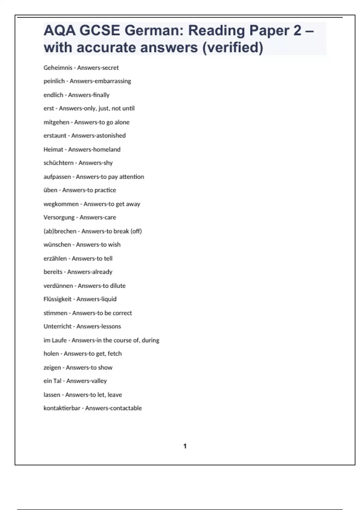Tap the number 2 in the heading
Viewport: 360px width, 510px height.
[x=297, y=31]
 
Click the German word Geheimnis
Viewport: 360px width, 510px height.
[x=58, y=68]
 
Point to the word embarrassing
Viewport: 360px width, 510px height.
[x=113, y=81]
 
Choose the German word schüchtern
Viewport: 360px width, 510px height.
[x=58, y=163]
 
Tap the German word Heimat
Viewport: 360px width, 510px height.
[x=53, y=149]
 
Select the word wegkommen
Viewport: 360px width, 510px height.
[x=61, y=204]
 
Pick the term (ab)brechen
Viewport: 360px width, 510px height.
[x=60, y=231]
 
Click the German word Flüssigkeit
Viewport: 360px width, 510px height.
[x=58, y=299]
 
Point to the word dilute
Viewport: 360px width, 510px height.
[x=118, y=286]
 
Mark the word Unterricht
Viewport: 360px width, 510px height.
[x=58, y=326]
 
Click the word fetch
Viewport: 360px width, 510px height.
[x=115, y=354]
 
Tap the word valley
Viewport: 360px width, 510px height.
[x=99, y=381]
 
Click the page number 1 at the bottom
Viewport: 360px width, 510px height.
[x=185, y=446]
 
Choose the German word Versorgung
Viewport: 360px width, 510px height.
[x=59, y=217]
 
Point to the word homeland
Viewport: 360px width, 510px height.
[x=107, y=149]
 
